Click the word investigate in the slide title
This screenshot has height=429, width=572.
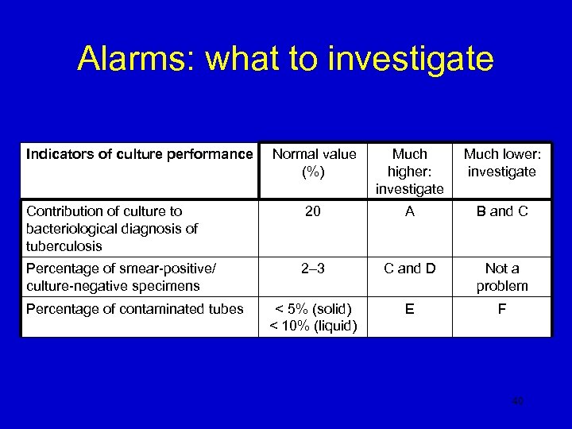click(418, 60)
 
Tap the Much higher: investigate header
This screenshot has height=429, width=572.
click(409, 171)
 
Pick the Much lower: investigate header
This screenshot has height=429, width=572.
click(500, 162)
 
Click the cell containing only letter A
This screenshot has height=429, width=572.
click(409, 211)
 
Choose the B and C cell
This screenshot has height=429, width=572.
click(501, 211)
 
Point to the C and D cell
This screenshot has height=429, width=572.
click(409, 269)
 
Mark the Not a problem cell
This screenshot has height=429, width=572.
click(501, 276)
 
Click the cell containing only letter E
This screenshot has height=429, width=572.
click(409, 308)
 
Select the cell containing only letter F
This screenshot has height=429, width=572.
click(501, 308)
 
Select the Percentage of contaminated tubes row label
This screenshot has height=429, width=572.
click(135, 308)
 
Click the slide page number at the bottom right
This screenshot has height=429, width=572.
click(516, 403)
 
